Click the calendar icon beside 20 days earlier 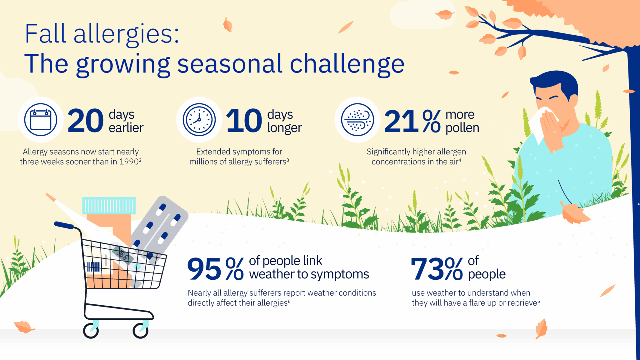tap(41, 120)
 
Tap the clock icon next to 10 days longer tap(199, 120)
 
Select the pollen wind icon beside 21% tap(357, 120)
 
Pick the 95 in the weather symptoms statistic tap(204, 269)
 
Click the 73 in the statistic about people tap(427, 269)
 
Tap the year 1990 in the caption tap(128, 162)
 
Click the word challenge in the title tap(347, 64)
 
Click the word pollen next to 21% tap(462, 128)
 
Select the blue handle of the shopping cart tap(64, 225)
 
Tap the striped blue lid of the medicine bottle tap(109, 206)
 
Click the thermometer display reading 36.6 tap(123, 255)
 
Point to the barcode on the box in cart tap(93, 267)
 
